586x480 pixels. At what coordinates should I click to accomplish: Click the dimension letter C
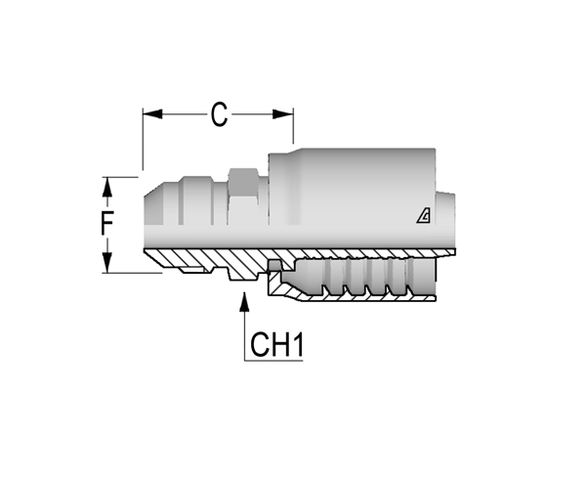click(x=219, y=114)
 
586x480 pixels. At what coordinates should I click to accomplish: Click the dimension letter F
click(x=107, y=223)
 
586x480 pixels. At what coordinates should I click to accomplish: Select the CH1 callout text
click(x=276, y=344)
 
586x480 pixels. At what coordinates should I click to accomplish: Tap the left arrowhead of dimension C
click(x=152, y=114)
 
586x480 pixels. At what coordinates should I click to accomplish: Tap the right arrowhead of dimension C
click(x=283, y=114)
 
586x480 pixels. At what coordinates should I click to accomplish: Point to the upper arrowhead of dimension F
click(x=107, y=187)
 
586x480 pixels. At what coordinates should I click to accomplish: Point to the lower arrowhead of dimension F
click(x=107, y=263)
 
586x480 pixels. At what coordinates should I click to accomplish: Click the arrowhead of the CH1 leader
click(x=244, y=301)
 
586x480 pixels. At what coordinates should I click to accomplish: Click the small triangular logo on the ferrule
click(x=424, y=216)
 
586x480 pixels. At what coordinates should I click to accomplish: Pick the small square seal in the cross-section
click(x=274, y=265)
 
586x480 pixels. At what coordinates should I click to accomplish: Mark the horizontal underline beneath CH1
click(x=273, y=361)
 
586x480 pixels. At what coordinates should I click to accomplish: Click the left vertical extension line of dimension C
click(x=143, y=139)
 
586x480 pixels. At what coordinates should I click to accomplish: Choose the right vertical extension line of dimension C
click(x=293, y=126)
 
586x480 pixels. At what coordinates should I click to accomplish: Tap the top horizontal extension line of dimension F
click(x=120, y=177)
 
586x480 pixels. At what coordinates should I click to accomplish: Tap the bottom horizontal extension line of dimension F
click(x=132, y=273)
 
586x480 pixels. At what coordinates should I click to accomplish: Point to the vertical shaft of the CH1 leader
click(x=244, y=336)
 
